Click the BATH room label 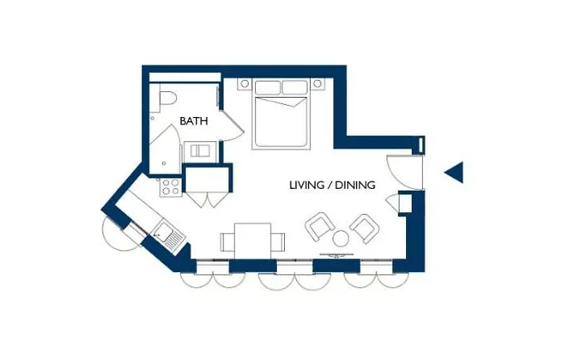[x=194, y=121]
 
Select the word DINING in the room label [x=355, y=185]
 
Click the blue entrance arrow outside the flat [x=454, y=173]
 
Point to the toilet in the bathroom [x=166, y=99]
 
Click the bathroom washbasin [x=200, y=150]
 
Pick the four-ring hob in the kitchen [x=170, y=187]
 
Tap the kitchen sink [x=169, y=235]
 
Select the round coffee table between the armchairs [x=341, y=238]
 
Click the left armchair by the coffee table [x=320, y=226]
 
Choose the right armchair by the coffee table [x=365, y=228]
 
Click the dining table [x=253, y=241]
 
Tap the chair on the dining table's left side [x=228, y=242]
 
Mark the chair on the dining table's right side [x=278, y=242]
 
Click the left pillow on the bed [x=268, y=87]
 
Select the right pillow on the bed [x=295, y=87]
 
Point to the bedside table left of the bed [x=245, y=84]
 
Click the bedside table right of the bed [x=317, y=84]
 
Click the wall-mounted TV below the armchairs [x=337, y=256]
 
